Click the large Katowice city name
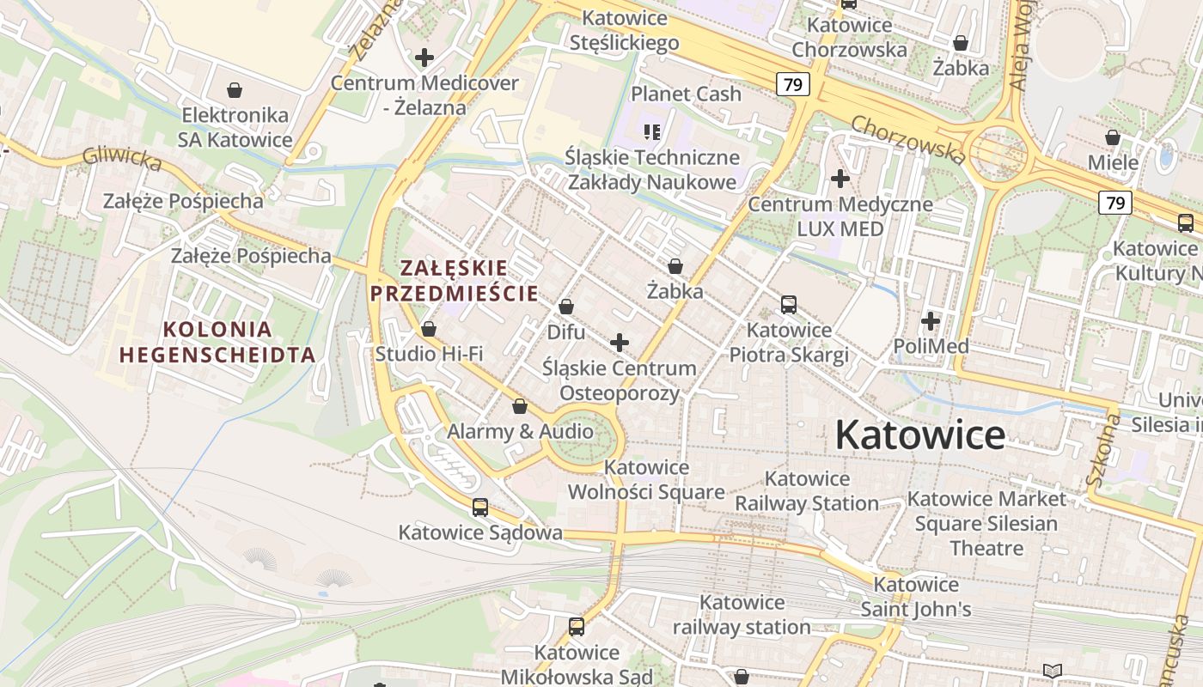(x=919, y=435)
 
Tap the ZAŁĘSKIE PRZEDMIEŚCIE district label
(x=454, y=281)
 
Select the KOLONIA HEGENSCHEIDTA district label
(x=217, y=341)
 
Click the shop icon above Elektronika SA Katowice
(x=235, y=90)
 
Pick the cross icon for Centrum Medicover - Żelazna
(x=424, y=58)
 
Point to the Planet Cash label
(x=686, y=94)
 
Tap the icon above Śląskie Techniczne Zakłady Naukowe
(x=652, y=132)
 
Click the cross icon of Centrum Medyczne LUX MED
(x=840, y=179)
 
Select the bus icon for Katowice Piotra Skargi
(x=789, y=305)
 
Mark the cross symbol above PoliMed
(x=931, y=322)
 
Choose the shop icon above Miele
(x=1113, y=137)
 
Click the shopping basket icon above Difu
(x=566, y=307)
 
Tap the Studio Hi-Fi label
(x=429, y=354)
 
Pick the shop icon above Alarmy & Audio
(x=520, y=406)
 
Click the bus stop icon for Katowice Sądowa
(x=480, y=508)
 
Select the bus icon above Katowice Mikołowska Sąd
(x=577, y=627)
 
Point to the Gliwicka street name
(x=122, y=159)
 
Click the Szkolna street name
(x=1104, y=450)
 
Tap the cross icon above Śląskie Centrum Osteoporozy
(x=619, y=343)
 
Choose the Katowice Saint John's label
(x=916, y=597)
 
